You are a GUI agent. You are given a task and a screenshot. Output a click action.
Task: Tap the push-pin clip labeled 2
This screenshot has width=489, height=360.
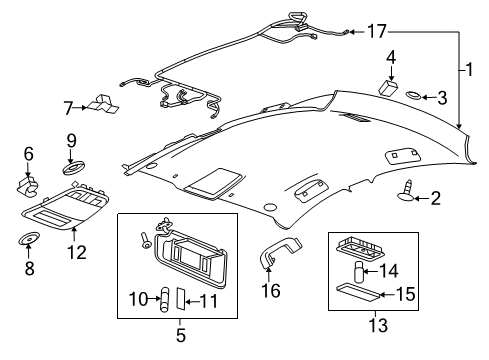(x=412, y=96)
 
